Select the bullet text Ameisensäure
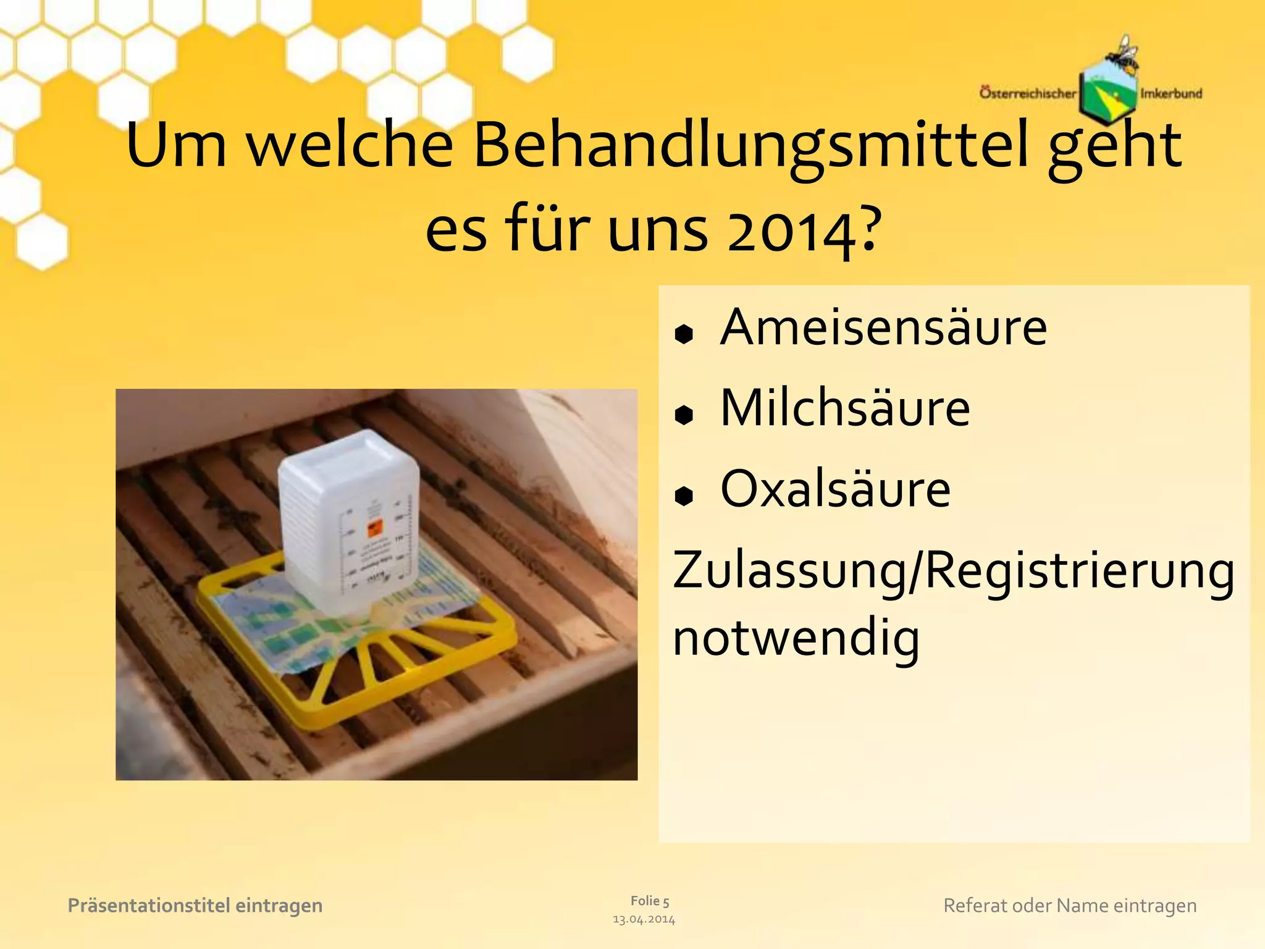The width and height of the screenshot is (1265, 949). (x=883, y=327)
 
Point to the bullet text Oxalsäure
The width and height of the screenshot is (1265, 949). (x=835, y=489)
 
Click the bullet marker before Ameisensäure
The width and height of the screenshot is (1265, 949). (x=684, y=334)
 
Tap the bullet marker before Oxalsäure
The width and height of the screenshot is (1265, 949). (x=684, y=496)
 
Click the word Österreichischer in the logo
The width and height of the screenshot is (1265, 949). (x=1027, y=93)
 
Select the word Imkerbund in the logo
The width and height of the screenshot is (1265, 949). (x=1171, y=94)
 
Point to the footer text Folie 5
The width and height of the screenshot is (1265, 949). (x=650, y=901)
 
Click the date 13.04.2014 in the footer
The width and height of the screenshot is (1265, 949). (x=644, y=919)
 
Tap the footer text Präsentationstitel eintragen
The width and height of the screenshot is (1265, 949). (x=195, y=906)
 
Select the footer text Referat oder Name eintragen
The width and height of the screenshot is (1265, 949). (x=1070, y=906)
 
